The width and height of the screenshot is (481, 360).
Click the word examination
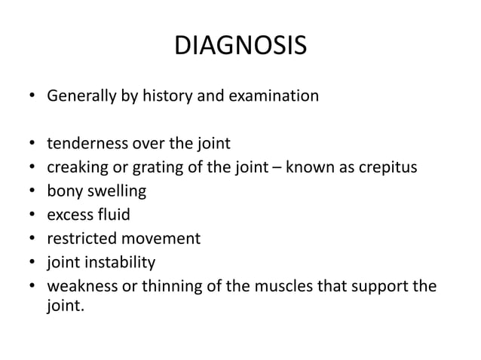(275, 96)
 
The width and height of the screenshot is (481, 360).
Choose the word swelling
(117, 191)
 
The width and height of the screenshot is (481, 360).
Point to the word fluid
(114, 215)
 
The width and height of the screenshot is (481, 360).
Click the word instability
(120, 263)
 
